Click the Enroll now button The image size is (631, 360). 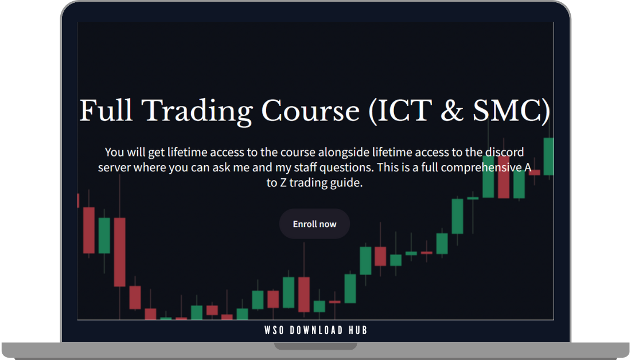click(314, 224)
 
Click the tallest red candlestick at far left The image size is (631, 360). click(119, 252)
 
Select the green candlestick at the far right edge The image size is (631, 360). click(549, 156)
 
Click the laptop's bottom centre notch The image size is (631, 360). click(315, 346)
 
